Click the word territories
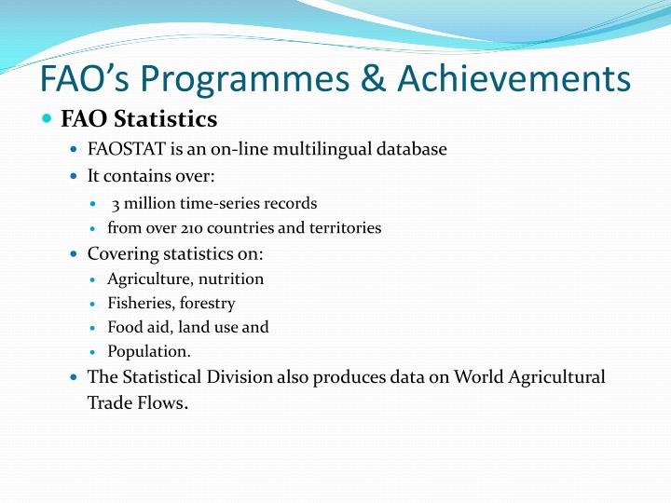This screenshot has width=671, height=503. (x=344, y=228)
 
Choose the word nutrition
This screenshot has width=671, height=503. (x=230, y=279)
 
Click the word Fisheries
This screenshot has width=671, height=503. (x=135, y=303)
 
